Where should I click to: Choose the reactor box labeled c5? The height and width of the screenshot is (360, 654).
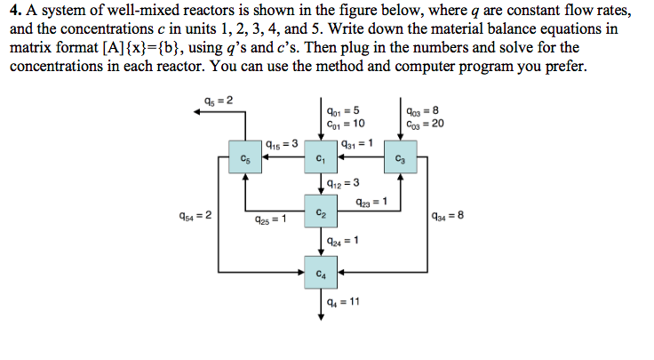[243, 159]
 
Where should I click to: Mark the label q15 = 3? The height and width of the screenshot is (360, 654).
[282, 143]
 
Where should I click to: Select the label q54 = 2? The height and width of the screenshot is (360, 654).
[195, 215]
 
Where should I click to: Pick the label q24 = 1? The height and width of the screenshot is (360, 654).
[343, 242]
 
